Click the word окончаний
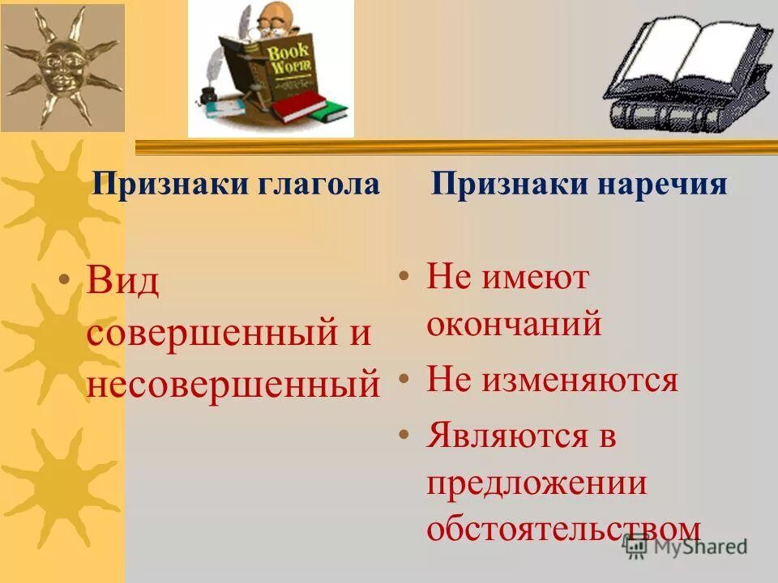514,324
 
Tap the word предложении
536,483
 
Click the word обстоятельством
562,528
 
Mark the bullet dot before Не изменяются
403,379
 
